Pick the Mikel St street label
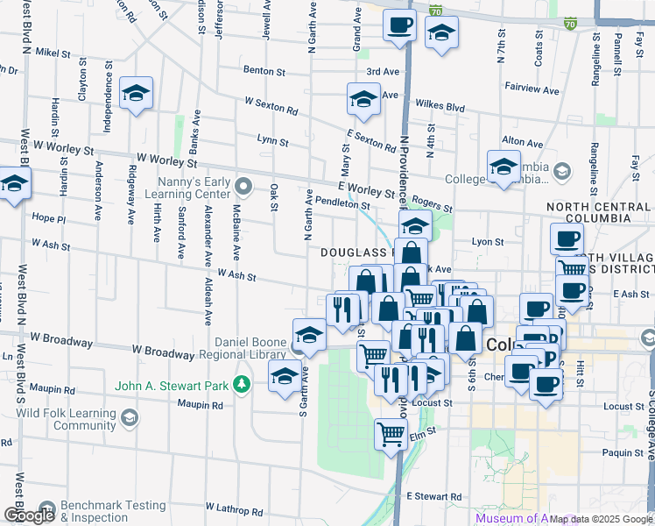pos(53,53)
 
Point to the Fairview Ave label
pos(532,89)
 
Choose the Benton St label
pos(265,69)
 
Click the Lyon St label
pos(488,241)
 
